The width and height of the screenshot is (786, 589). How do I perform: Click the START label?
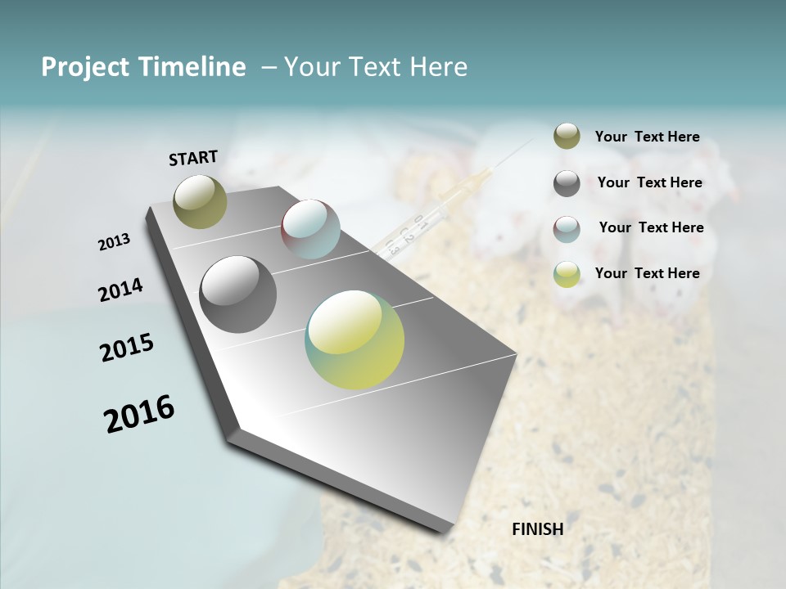coord(193,158)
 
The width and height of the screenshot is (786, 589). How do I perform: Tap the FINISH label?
coord(537,529)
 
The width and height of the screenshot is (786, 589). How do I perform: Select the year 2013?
coord(114,242)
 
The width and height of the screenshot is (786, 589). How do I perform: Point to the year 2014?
coord(120,290)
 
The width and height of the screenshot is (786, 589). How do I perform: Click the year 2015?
coord(127,348)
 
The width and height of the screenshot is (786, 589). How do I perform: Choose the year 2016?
coord(139,414)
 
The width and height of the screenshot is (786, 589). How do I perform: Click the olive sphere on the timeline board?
coord(200,201)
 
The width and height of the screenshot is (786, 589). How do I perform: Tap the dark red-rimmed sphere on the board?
coord(310,229)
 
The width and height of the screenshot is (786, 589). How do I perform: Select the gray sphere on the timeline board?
coord(238,294)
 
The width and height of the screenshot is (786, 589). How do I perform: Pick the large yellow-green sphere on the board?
coord(355,339)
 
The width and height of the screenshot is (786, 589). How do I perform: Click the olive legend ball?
coord(567,137)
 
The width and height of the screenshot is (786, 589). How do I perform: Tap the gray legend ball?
coord(567,183)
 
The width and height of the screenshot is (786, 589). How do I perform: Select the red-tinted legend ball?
coord(567,229)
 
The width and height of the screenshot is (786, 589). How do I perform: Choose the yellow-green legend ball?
coord(567,274)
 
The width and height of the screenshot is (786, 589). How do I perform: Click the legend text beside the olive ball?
coord(647,137)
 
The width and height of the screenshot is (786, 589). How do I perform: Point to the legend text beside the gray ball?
coord(649,182)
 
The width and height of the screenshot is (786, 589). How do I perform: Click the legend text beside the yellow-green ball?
coord(647,273)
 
